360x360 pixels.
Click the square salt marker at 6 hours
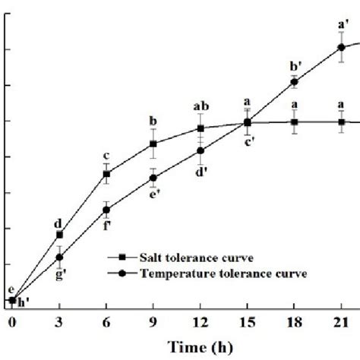click(106, 175)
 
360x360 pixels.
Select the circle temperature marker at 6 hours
click(106, 210)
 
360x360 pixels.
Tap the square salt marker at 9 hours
click(153, 144)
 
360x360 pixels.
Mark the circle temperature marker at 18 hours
click(294, 82)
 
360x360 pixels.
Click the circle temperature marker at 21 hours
click(341, 47)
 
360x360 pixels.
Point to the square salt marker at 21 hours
click(341, 122)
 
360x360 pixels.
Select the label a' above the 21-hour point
click(342, 24)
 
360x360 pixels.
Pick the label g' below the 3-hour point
click(60, 274)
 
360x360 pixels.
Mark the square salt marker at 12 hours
click(201, 128)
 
